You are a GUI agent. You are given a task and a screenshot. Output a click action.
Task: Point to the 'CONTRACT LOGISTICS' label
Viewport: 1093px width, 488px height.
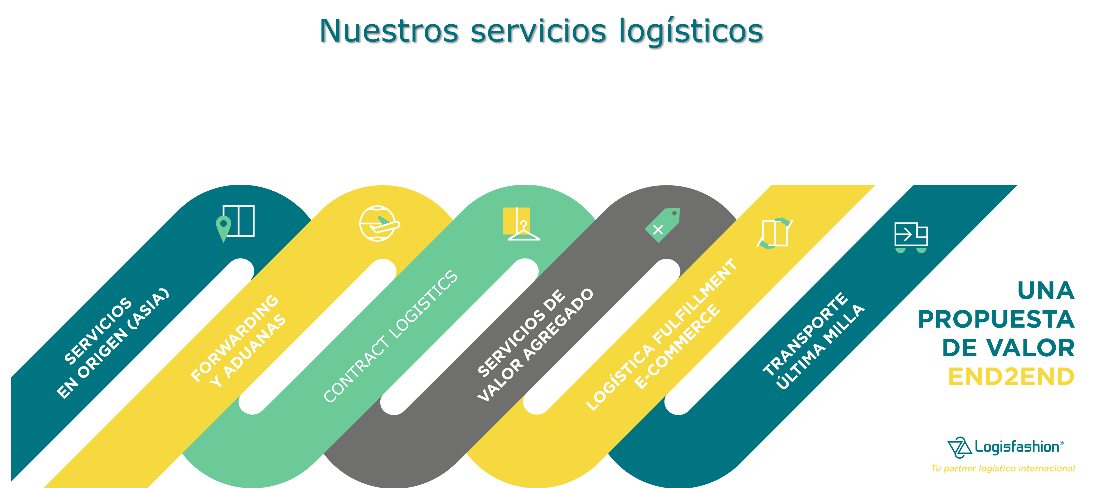[x=390, y=336]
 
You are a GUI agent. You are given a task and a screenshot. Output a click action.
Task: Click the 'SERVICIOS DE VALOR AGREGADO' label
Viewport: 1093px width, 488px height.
[x=535, y=345]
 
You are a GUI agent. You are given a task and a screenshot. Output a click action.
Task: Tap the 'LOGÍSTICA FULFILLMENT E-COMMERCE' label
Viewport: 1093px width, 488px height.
[x=662, y=335]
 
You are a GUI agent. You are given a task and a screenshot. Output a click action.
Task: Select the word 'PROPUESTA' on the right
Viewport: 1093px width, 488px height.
[x=996, y=319]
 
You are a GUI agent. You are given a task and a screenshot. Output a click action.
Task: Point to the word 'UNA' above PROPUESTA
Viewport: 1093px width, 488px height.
[x=1046, y=291]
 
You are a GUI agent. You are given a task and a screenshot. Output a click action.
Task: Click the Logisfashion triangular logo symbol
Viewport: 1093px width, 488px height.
[x=959, y=447]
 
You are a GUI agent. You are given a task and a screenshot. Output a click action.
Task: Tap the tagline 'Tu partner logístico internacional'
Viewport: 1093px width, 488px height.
[x=1003, y=469]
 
